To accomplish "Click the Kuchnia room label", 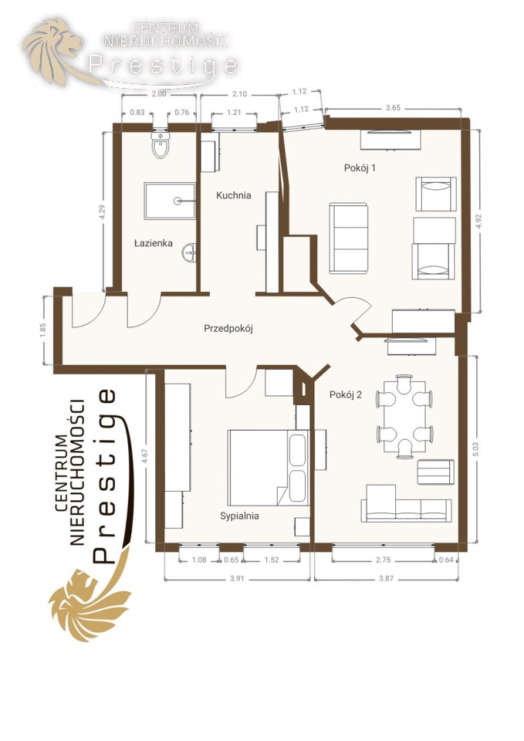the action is point(233,195).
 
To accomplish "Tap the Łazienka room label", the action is point(154,243).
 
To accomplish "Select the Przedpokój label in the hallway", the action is point(228,329).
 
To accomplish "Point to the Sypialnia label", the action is point(239,516).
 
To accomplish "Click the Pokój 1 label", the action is point(360,167).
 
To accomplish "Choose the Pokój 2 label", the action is point(346,395).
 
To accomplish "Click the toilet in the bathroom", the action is point(161,144).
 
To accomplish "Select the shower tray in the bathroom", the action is point(170,201).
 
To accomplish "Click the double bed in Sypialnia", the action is point(269,468).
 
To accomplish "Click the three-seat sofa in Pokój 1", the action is point(349,239).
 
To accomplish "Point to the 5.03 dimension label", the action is point(475,449).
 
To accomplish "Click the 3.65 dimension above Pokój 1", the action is point(393,108).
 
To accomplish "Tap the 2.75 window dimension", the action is point(384,560).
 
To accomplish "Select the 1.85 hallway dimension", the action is point(43,330).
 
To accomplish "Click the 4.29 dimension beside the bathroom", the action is point(102,211).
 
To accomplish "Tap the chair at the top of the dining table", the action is point(404,384).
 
